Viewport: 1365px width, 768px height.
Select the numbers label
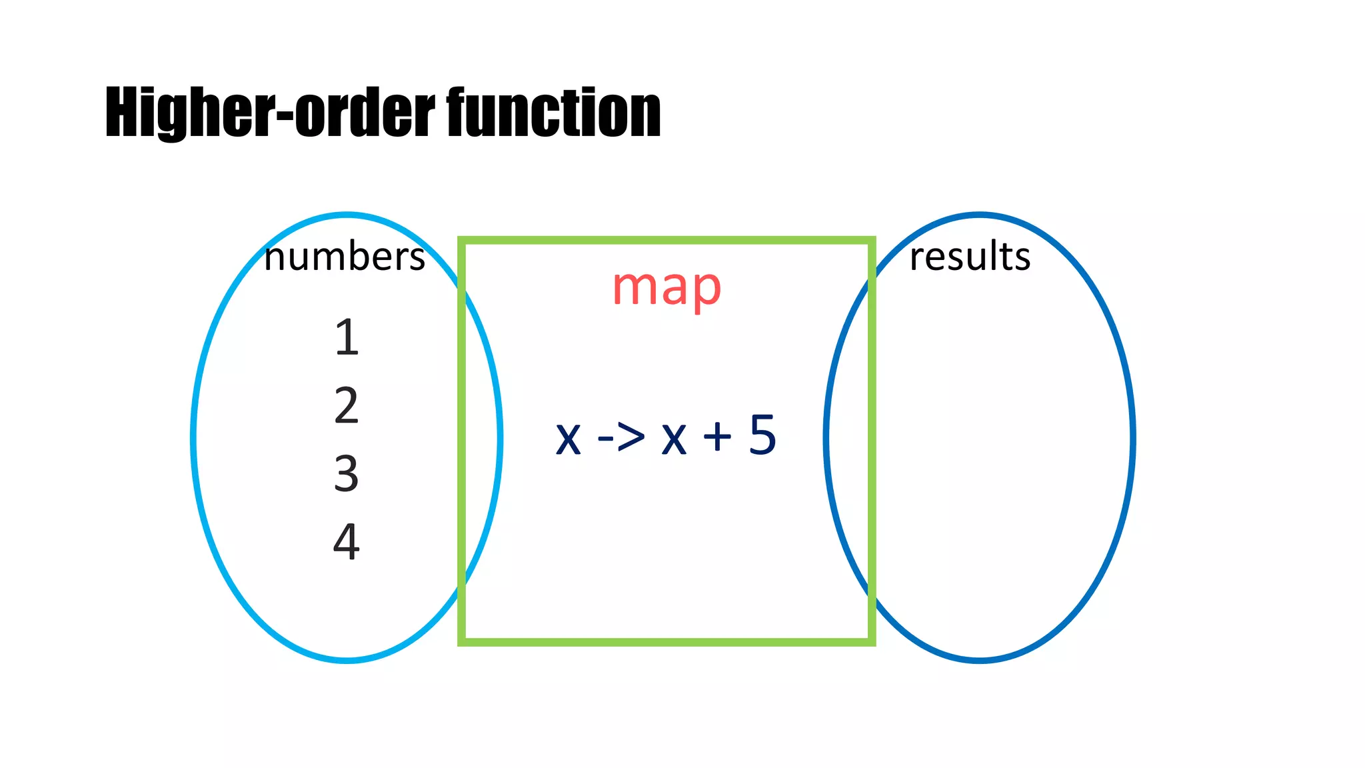[x=344, y=257]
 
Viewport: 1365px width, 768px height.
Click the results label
[x=970, y=257]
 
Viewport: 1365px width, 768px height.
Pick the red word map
[x=667, y=288]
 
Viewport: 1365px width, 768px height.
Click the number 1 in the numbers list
[x=347, y=337]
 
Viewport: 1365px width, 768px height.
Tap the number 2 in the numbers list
[x=347, y=405]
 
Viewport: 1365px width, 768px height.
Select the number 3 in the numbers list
[x=347, y=473]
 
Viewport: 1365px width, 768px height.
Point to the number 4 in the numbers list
[x=347, y=541]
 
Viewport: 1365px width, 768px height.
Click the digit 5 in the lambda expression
[x=762, y=435]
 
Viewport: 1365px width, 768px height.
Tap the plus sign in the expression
[x=718, y=437]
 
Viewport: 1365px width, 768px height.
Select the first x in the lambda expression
[x=568, y=439]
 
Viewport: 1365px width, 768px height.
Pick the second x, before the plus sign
[x=674, y=439]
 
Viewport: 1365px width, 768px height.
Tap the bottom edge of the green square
[x=667, y=642]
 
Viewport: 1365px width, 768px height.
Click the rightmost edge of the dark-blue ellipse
[x=1132, y=438]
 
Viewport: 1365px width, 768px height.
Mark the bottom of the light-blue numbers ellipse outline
[x=347, y=660]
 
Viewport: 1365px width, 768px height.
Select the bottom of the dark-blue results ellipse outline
[x=980, y=660]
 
